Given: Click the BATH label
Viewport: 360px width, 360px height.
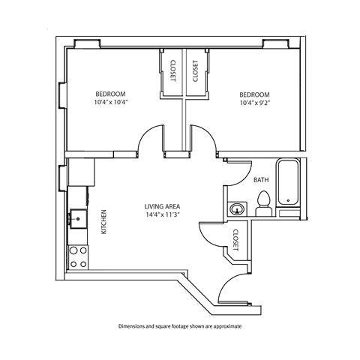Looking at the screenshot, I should [x=262, y=180].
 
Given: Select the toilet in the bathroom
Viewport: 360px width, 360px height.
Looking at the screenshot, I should [x=263, y=203].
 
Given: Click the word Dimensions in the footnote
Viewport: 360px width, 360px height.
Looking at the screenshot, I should [x=133, y=327].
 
